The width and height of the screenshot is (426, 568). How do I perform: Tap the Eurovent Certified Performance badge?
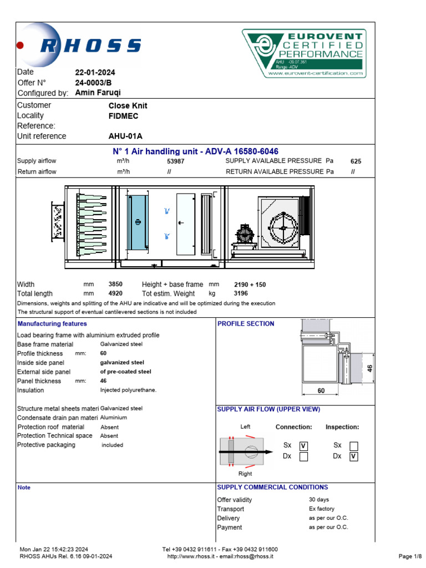click(303, 53)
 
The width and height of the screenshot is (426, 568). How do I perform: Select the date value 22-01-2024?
click(95, 72)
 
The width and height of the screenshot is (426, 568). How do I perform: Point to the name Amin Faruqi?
click(98, 93)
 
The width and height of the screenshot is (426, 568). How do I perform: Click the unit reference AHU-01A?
click(125, 136)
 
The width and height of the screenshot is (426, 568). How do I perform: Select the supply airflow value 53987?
click(175, 161)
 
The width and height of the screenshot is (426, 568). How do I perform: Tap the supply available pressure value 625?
click(356, 161)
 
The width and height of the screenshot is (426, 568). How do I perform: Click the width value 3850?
click(115, 285)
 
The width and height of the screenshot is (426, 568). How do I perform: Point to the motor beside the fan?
click(243, 235)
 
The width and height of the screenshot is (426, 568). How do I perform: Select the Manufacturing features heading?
click(52, 324)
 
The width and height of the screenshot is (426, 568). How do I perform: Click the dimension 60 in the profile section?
click(321, 391)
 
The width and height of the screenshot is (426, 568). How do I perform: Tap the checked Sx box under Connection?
click(303, 446)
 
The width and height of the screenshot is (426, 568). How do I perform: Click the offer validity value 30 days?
click(319, 500)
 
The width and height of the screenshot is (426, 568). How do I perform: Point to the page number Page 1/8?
click(410, 556)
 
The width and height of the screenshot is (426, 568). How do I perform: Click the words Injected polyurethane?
click(128, 390)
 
